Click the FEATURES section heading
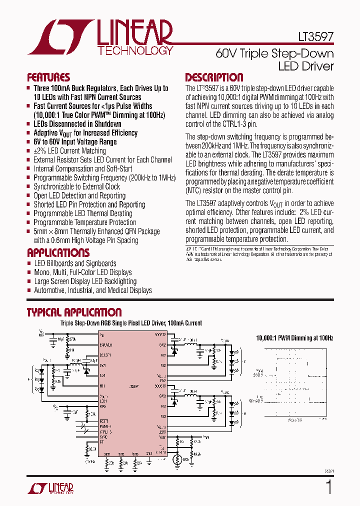point(48,77)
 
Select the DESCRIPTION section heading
point(214,77)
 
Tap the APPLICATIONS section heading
point(58,252)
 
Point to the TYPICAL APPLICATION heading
point(74,312)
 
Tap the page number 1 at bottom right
point(328,486)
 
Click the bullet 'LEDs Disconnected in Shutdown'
point(77,124)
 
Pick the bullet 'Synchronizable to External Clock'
point(76,186)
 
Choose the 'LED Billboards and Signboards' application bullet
point(75,263)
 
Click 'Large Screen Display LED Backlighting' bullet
point(85,281)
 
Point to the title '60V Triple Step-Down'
point(274,53)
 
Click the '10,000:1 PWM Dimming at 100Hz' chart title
point(294,338)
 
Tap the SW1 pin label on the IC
point(102,365)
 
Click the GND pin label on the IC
point(149,453)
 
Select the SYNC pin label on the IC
point(103,437)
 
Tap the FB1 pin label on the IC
point(102,386)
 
